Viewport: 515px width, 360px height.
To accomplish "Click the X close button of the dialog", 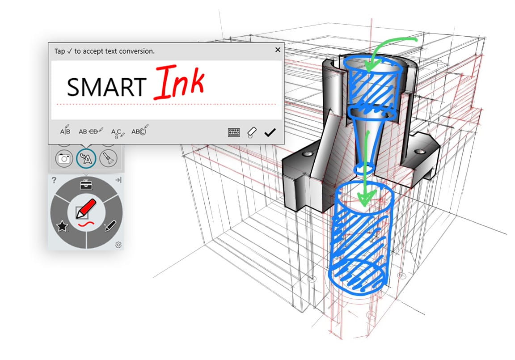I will coord(278,50).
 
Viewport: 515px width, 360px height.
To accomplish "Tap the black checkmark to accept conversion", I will coord(270,132).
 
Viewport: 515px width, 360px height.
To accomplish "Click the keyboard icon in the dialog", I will coord(234,132).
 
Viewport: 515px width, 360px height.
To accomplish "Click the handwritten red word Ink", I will coord(179,83).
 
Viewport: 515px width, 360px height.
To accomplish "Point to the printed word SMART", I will coord(106,87).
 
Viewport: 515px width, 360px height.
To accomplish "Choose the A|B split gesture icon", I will coord(65,131).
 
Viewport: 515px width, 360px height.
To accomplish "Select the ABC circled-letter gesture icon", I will coord(139,131).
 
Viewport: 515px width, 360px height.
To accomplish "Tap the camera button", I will coord(64,158).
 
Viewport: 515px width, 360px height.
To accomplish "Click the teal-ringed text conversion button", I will coord(86,158).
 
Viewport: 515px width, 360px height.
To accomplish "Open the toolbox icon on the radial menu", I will coord(86,184).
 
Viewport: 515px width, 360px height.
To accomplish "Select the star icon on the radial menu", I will coord(62,227).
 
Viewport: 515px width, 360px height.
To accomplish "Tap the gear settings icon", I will coord(118,245).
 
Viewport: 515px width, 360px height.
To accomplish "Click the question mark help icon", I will coord(54,180).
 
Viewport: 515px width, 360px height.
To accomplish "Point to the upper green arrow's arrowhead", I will coord(370,67).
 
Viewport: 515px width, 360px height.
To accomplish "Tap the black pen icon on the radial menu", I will coord(110,227).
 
